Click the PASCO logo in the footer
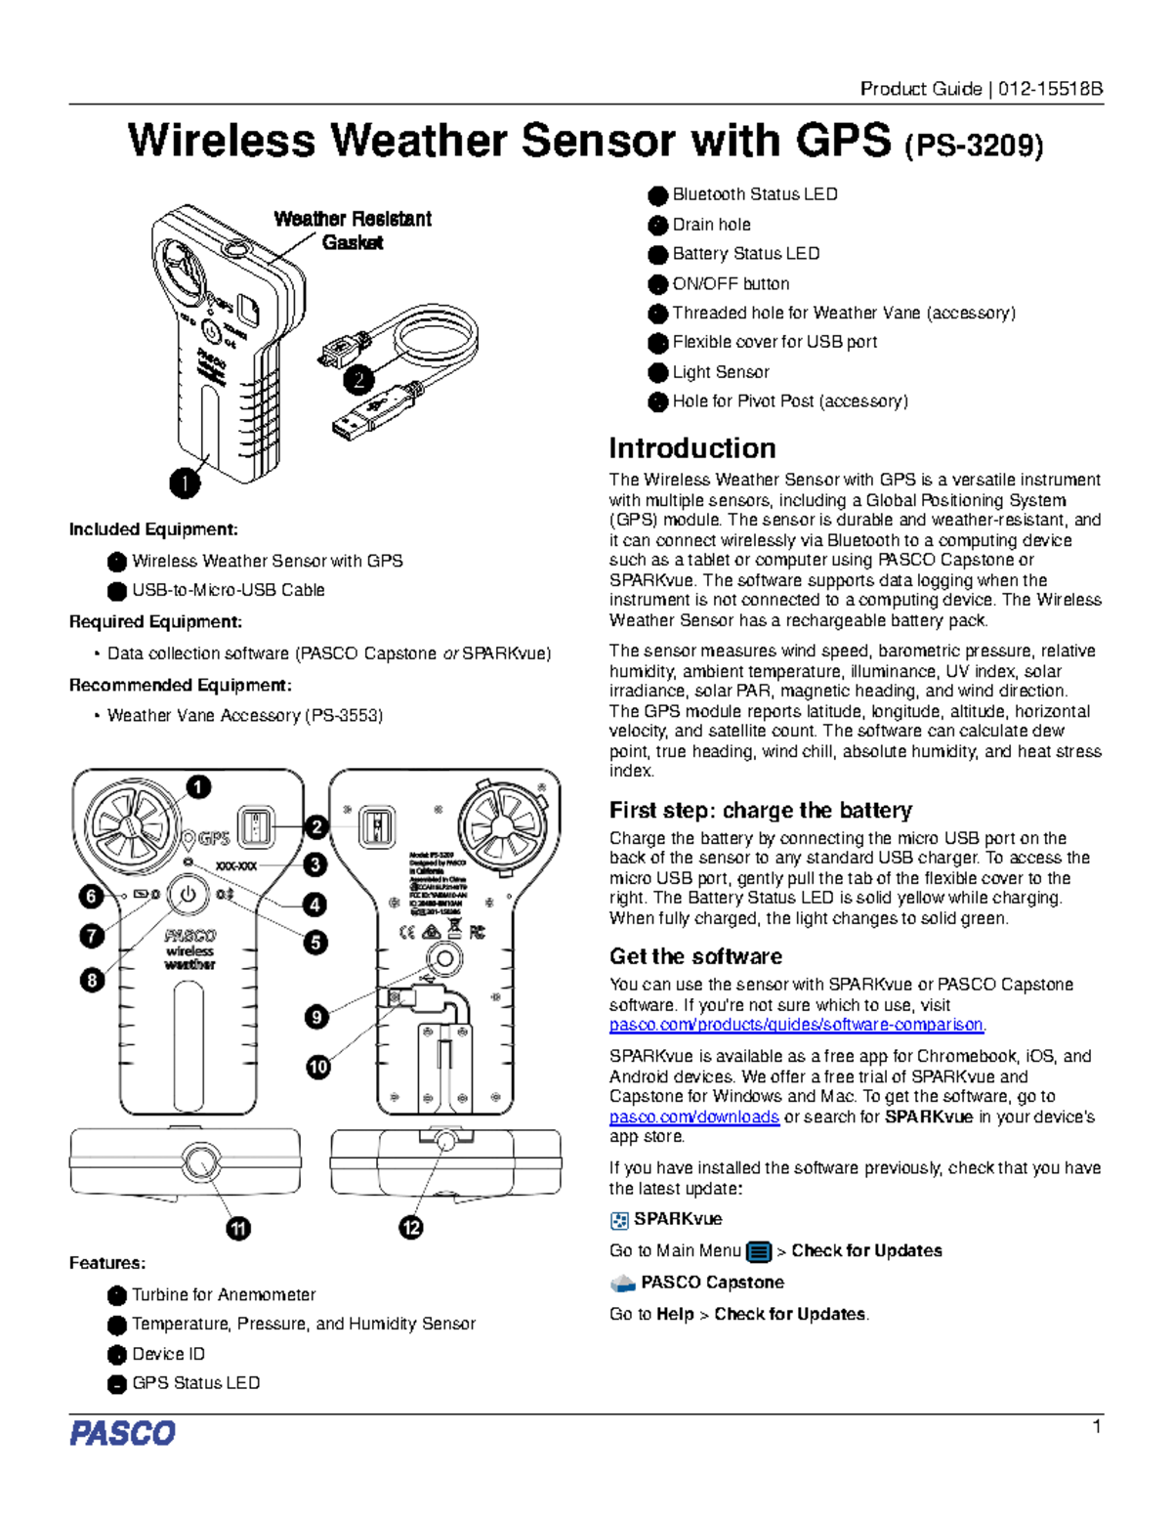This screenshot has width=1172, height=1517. (122, 1433)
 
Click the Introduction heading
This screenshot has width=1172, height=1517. (691, 448)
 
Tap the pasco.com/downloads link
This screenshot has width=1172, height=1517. (693, 1117)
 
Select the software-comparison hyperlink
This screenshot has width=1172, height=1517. (796, 1025)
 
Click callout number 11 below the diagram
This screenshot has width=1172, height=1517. (238, 1228)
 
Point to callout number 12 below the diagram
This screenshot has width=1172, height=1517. (411, 1228)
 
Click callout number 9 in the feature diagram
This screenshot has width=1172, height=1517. (316, 1017)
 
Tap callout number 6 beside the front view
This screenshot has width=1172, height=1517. (92, 896)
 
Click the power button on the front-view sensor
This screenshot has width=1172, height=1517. (188, 894)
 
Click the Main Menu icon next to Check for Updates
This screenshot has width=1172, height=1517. (758, 1251)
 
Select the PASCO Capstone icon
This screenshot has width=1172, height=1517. (622, 1283)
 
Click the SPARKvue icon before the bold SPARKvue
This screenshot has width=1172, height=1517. (619, 1220)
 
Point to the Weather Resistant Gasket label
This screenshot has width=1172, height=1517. (353, 231)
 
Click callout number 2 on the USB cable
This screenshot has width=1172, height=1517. (359, 379)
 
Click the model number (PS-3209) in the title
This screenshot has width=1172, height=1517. (974, 146)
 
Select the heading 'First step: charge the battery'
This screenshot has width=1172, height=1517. (760, 810)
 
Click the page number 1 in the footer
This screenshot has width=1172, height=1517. (1097, 1427)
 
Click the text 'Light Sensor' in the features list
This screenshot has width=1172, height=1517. (720, 372)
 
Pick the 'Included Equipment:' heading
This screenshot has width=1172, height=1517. (153, 529)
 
